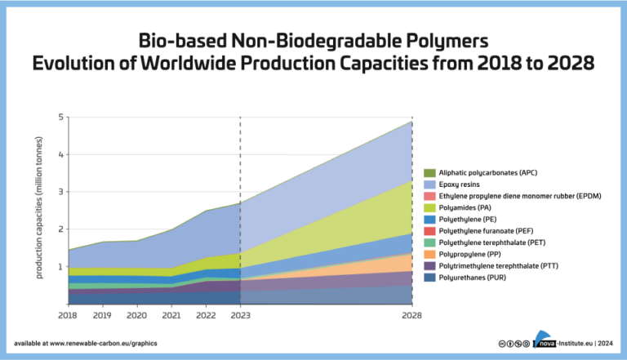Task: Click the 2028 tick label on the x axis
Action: point(411,313)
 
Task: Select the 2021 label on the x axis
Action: point(171,313)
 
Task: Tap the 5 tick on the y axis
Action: point(60,117)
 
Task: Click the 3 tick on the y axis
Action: point(60,192)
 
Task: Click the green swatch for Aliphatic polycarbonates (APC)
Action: point(429,173)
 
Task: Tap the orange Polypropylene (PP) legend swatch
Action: point(429,253)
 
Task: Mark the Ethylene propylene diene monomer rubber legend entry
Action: point(514,196)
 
